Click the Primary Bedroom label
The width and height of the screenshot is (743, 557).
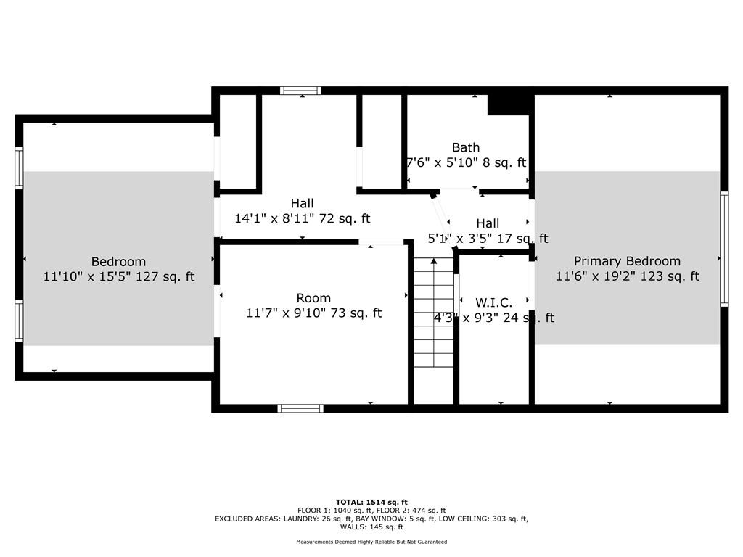click(627, 261)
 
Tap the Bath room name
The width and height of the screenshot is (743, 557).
click(465, 147)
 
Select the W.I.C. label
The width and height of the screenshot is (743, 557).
click(493, 302)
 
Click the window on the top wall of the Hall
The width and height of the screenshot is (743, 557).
click(300, 91)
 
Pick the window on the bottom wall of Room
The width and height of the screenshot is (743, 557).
click(300, 408)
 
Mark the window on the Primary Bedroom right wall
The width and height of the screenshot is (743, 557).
click(723, 249)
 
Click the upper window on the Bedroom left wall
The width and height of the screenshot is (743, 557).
click(19, 168)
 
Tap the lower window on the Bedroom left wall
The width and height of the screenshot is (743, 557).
click(19, 321)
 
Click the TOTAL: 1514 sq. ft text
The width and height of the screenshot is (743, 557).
click(371, 502)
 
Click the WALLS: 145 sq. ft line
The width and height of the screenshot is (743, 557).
click(371, 527)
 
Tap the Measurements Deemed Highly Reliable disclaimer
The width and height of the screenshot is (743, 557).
click(371, 542)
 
